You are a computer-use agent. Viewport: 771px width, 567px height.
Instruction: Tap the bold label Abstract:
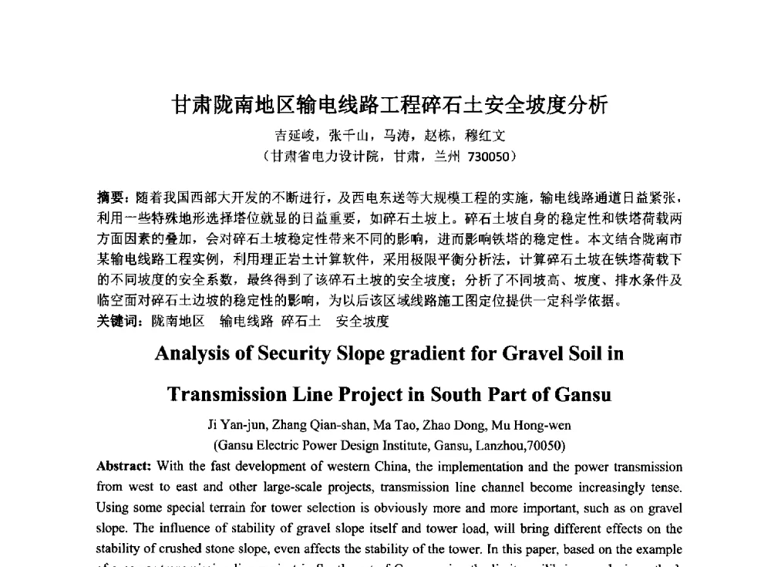click(123, 467)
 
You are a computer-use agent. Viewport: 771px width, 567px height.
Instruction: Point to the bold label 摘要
click(109, 197)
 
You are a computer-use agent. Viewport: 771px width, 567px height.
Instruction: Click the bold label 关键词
click(117, 321)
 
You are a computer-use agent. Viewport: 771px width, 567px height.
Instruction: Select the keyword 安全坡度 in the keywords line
click(362, 321)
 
